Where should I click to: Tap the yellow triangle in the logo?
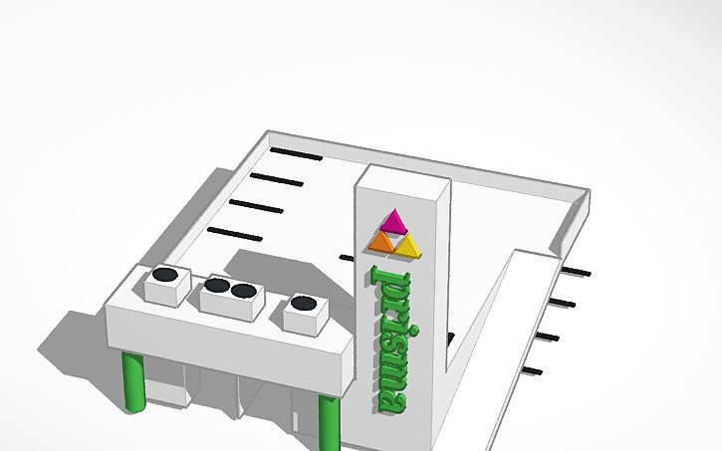(x=407, y=245)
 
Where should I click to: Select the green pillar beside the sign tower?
(x=328, y=422)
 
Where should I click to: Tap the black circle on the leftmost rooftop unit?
(x=165, y=274)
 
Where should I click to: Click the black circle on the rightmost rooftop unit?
(x=304, y=303)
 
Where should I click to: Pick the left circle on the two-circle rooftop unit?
(x=217, y=286)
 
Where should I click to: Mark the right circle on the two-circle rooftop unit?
(x=243, y=291)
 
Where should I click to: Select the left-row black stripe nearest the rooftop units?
(x=234, y=235)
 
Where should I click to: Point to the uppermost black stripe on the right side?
(x=577, y=272)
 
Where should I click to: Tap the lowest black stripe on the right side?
(x=532, y=371)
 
